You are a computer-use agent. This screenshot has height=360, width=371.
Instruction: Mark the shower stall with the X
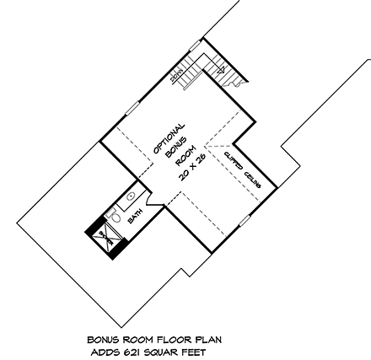click(106, 236)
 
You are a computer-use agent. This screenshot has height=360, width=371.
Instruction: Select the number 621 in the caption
click(137, 350)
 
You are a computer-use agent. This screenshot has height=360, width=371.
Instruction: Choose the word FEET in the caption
click(190, 350)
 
